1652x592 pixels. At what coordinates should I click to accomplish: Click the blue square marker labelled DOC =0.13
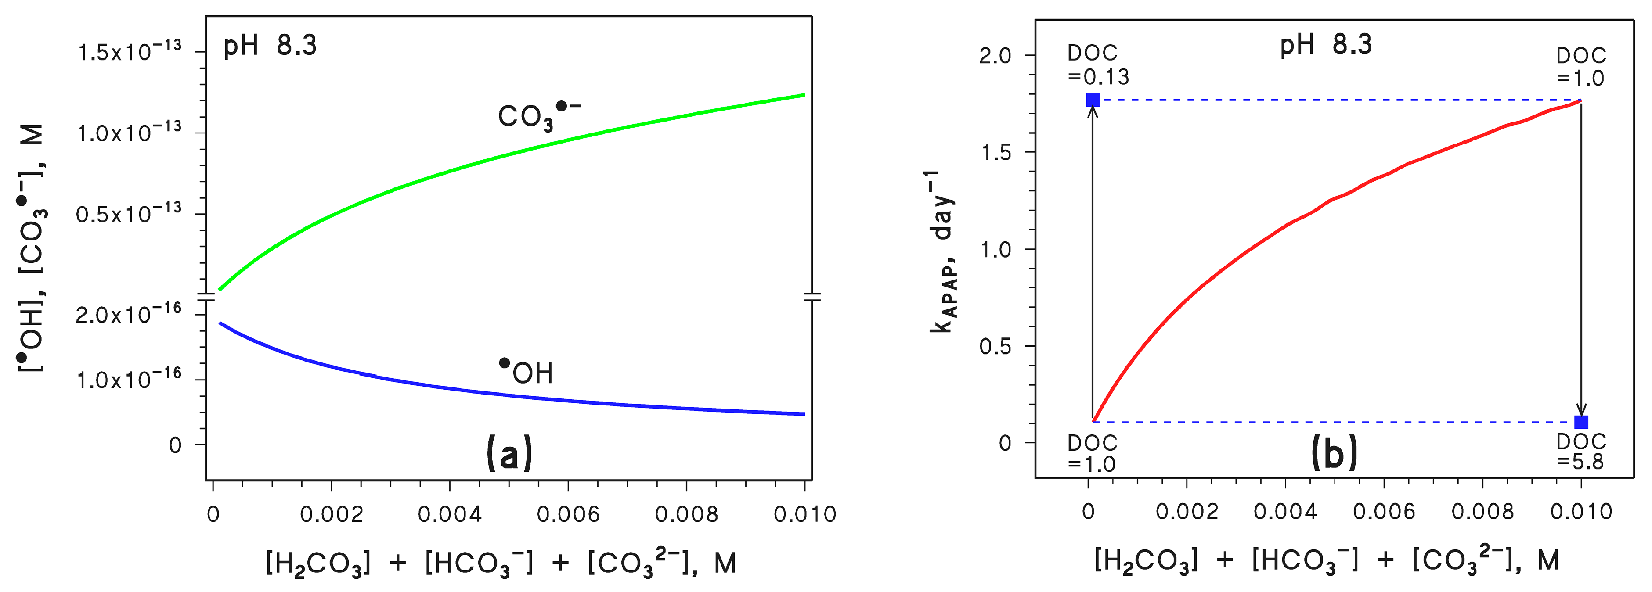coord(1093,100)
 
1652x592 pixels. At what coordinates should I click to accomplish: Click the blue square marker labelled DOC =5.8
coord(1581,422)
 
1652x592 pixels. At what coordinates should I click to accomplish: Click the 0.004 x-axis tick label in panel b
coord(1285,511)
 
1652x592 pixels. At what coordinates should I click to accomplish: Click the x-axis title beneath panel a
coord(501,563)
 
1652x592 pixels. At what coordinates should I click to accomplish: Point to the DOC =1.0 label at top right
coord(1581,67)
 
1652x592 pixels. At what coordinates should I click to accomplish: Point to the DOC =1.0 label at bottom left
coord(1092,453)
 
